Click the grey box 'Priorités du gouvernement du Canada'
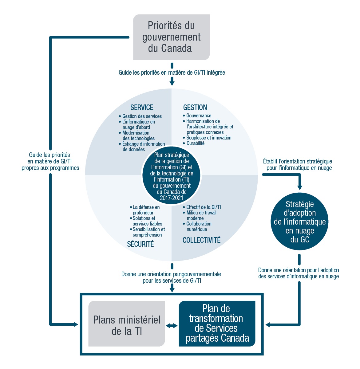coord(171,37)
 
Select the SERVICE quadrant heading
coord(142,108)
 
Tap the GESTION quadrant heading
coord(195,108)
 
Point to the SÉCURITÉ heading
coord(140,244)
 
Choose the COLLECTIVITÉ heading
coord(201,240)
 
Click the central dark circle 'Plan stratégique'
coord(172,176)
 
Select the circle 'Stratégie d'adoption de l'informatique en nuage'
coord(299,222)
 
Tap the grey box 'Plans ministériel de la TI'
coord(127,325)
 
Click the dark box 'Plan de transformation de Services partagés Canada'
coord(217,324)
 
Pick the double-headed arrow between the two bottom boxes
coord(172,325)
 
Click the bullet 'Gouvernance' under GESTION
coord(199,116)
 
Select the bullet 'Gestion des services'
coord(142,116)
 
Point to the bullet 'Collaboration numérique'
coord(199,226)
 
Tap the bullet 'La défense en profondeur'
coord(146,210)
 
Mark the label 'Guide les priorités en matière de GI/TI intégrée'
coord(172,73)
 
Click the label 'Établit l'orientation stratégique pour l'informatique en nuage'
coord(298,164)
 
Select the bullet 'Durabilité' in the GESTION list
coord(195,143)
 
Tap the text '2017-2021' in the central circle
coord(171,198)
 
